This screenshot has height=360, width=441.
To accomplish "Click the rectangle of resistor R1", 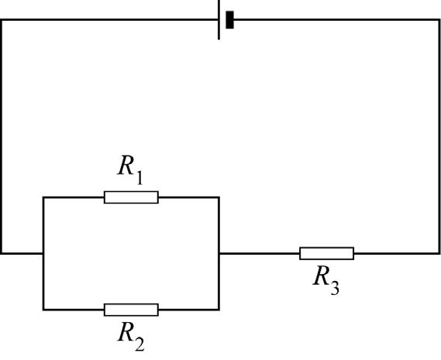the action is pos(131,197).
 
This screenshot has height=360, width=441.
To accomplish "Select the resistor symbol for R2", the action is pos(131,310).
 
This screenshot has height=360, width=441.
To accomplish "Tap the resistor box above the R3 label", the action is pos(326,253).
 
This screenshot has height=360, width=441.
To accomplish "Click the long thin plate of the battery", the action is pos(219,20).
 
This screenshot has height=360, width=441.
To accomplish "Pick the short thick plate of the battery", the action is pos(229,19).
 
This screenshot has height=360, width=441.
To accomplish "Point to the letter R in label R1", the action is pos(126,166).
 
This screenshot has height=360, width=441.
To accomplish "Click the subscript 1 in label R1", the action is pos(139,177).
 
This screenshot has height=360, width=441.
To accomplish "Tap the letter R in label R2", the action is pos(126,331).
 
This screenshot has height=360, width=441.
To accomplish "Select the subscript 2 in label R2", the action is pos(140,344).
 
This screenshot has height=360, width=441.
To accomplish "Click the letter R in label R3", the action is pos(321,276).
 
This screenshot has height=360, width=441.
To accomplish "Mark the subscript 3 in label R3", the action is pos(335,288).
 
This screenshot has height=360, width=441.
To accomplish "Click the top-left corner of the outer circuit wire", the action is pos(2,19).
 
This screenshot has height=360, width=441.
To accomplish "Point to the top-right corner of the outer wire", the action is pos(439,19).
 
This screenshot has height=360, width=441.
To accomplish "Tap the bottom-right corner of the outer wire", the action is pos(439,253).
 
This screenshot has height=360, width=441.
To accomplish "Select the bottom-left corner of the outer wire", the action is pos(2,253).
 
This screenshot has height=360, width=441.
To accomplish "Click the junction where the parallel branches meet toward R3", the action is pos(219,253).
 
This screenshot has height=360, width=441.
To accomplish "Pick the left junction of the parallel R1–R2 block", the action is pos(43,253).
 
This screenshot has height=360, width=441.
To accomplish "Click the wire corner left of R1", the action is pos(43,197).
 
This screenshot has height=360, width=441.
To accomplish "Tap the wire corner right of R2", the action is pos(219,310).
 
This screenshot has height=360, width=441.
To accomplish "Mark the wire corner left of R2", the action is pos(43,310).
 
